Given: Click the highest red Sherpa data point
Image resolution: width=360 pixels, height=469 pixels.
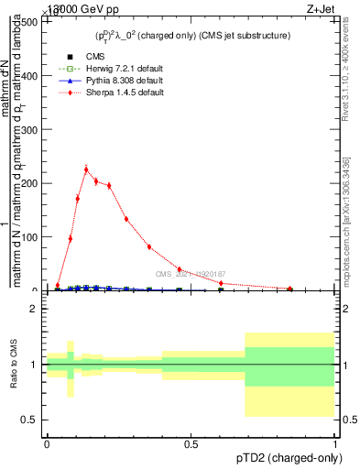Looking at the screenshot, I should (x=86, y=169).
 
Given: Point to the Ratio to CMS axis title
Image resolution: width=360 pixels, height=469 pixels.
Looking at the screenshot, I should (x=13, y=365).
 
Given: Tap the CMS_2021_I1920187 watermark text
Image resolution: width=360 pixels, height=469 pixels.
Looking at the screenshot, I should (x=191, y=274).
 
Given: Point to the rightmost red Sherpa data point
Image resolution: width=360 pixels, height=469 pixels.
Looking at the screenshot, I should (x=290, y=289).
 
